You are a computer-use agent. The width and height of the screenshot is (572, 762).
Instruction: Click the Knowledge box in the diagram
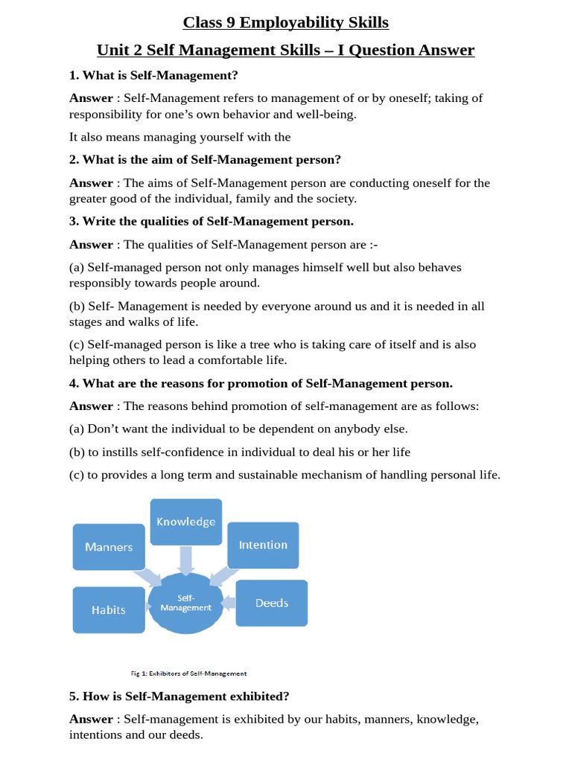coord(185,522)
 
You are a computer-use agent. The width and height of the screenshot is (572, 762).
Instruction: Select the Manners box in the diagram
coord(109,547)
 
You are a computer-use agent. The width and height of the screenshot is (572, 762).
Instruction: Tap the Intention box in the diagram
coord(263,545)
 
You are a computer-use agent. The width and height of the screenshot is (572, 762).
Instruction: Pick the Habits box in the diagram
coord(109,609)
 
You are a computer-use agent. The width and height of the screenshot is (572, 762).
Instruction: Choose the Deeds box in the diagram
coord(271,603)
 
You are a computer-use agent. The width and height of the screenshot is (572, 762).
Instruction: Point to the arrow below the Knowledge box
coord(186,560)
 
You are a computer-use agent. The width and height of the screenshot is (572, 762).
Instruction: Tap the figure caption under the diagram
coord(188,673)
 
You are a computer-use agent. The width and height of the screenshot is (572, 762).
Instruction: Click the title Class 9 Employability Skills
coord(286,22)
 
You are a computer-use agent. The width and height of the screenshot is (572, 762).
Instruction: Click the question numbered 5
coord(179,696)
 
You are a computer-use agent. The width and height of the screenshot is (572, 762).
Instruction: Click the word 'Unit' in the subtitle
coord(112,50)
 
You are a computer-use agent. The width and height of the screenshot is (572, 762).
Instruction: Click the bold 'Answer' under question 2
coord(91,183)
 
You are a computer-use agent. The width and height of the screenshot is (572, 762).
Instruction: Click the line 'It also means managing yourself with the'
coord(179,137)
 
